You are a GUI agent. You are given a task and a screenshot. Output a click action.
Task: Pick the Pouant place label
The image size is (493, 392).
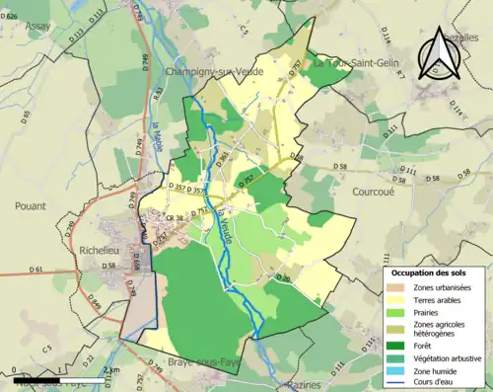31,206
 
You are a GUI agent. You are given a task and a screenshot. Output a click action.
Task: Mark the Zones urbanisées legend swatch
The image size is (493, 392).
394,286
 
